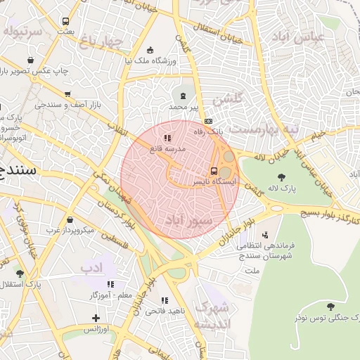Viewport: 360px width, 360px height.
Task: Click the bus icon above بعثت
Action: pyautogui.click(x=65, y=22)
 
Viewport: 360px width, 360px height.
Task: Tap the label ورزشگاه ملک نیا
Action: pyautogui.click(x=149, y=60)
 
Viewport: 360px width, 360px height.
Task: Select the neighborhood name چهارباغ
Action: pyautogui.click(x=101, y=43)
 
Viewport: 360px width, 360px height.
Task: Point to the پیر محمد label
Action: pyautogui.click(x=184, y=106)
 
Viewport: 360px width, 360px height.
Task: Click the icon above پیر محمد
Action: pyautogui.click(x=184, y=95)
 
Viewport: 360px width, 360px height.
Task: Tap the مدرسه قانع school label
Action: pyautogui.click(x=167, y=149)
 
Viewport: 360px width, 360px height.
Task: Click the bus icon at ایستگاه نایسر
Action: pyautogui.click(x=214, y=171)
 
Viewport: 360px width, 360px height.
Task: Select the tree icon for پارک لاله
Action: pyautogui.click(x=281, y=177)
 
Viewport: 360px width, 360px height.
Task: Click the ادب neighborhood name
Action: pyautogui.click(x=91, y=267)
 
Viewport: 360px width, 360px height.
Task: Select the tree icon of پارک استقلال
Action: pyautogui.click(x=20, y=274)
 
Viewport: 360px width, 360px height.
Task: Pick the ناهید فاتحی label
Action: pyautogui.click(x=165, y=310)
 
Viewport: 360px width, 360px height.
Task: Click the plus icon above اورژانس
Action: pyautogui.click(x=96, y=318)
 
